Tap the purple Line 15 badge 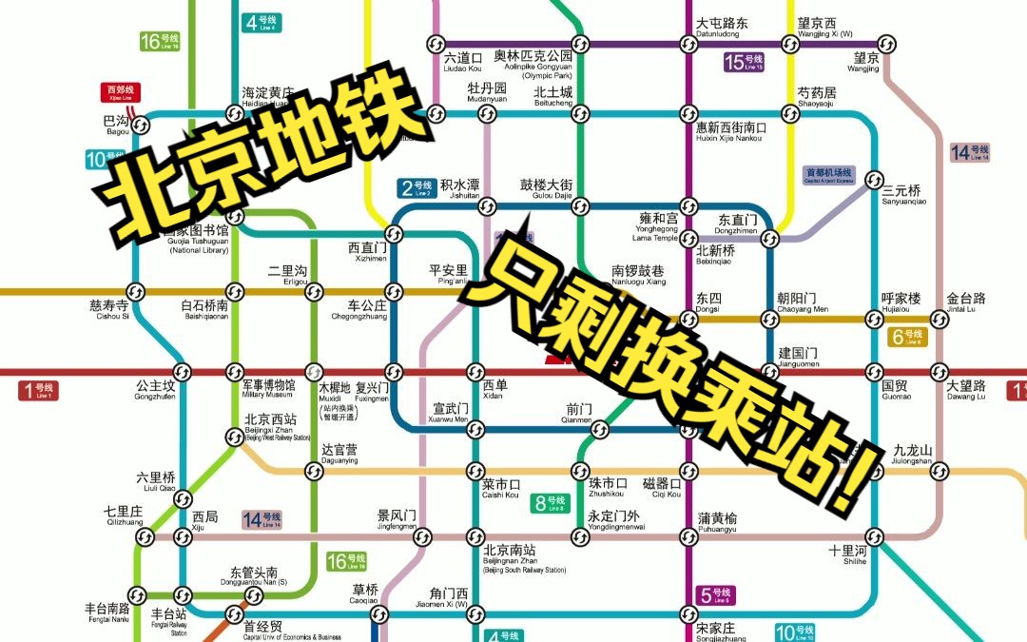click(743, 63)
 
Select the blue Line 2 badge click(416, 187)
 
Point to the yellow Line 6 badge click(907, 337)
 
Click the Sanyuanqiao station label click(901, 194)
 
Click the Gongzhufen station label click(155, 392)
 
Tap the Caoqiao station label click(365, 593)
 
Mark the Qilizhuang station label click(123, 516)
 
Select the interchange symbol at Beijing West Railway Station click(235, 437)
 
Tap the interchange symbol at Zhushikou click(581, 471)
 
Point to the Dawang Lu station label click(965, 391)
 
